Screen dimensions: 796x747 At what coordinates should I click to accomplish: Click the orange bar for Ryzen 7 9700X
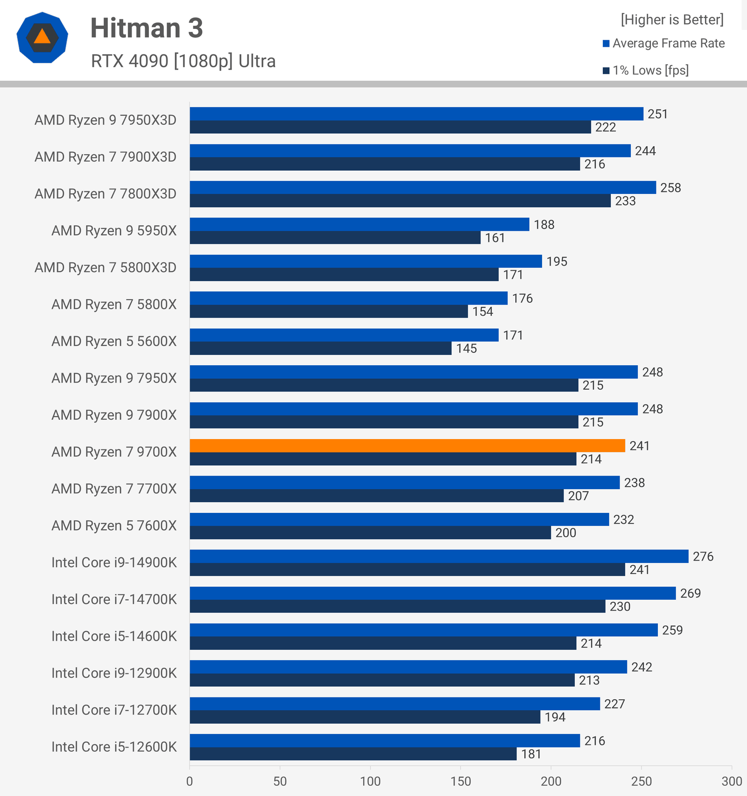coord(407,446)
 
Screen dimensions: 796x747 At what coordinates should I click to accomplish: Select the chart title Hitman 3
coord(147,28)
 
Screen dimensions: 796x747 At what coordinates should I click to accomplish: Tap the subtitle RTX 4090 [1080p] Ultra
coord(183,61)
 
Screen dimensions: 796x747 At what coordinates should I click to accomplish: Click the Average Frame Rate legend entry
coord(668,43)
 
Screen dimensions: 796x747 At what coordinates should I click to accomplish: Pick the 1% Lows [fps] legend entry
coord(650,71)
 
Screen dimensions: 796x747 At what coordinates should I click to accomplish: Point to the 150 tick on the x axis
coord(460,781)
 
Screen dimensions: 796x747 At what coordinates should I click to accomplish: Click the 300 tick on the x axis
coord(731,781)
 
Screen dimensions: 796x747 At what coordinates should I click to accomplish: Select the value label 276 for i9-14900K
coord(703,556)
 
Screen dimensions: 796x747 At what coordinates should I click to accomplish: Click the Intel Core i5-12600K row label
coord(114,746)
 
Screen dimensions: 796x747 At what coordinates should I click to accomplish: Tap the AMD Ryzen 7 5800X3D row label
coord(106,267)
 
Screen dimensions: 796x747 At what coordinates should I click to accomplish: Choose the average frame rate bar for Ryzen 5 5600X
coord(344,335)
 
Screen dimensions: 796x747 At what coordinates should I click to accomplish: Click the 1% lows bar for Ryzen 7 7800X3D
coord(400,201)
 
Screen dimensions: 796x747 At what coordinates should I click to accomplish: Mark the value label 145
coord(466,348)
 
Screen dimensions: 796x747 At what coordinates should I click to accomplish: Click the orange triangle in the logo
coord(42,37)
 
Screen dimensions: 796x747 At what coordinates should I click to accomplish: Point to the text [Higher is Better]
coord(672,20)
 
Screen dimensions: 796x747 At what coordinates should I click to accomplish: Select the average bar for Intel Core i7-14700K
coord(433,593)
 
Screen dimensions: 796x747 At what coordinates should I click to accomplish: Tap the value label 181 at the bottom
coord(531,754)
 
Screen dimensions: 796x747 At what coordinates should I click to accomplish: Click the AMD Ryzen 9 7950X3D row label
coord(106,120)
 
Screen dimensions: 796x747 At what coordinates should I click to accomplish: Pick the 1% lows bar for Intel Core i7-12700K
coord(365,717)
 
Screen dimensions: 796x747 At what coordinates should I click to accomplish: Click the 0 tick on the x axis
coord(190,781)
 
